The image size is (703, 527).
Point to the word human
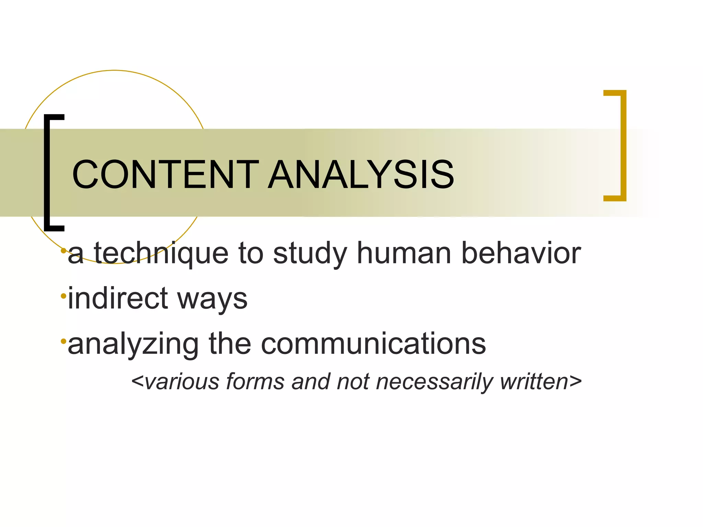pos(404,254)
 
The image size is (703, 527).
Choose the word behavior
pos(521,254)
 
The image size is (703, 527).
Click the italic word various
pos(182,382)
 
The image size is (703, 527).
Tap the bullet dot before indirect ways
pos(64,296)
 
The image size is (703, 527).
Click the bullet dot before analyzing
pos(64,341)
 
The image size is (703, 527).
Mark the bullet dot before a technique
pos(64,251)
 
